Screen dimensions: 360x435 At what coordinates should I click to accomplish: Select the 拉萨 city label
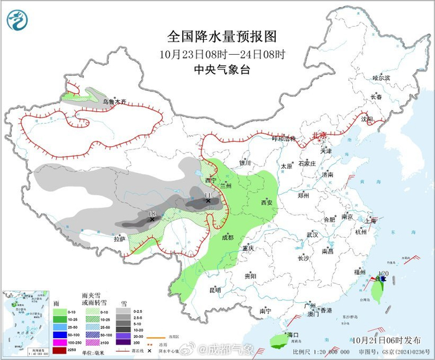click(x=119, y=238)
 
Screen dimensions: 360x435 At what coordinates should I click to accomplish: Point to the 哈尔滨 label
click(x=380, y=78)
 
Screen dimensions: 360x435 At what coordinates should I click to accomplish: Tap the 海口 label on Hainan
click(x=292, y=335)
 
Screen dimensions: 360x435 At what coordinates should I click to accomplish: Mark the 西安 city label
click(x=267, y=203)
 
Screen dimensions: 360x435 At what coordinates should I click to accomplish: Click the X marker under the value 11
click(x=208, y=201)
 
